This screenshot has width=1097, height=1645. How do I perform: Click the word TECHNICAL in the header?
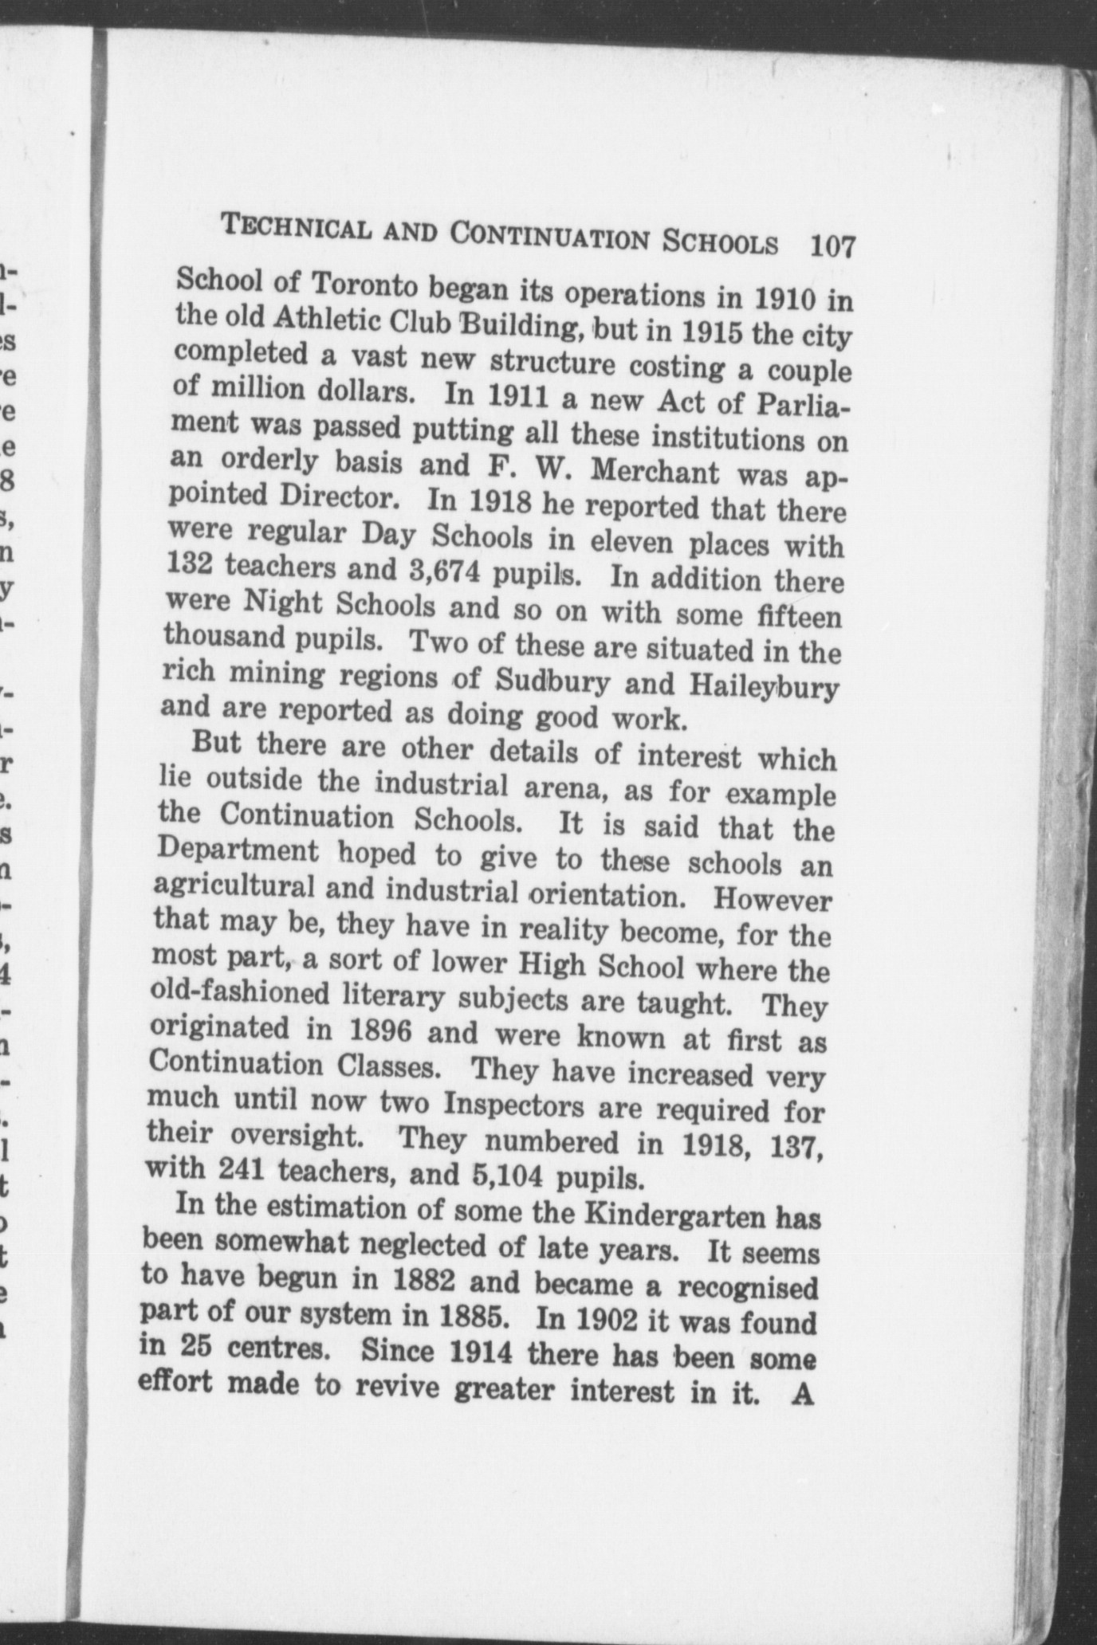296,228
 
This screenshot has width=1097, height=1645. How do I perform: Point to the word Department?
238,851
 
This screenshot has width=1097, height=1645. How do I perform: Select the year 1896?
379,1031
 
